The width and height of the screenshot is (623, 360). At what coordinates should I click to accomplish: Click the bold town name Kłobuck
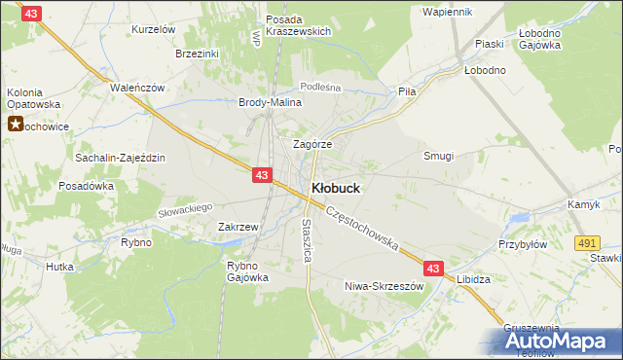coord(338,188)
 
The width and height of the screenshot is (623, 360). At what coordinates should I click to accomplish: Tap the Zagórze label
coord(313,144)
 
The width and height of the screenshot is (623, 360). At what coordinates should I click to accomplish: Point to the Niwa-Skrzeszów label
coord(385,287)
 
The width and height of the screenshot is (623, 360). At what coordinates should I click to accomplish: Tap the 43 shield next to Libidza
coord(433,268)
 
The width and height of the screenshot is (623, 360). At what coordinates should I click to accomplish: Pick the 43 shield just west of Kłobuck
coord(261,175)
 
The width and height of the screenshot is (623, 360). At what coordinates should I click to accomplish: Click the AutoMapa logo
coord(555,341)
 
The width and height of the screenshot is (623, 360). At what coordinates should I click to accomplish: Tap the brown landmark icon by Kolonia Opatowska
coord(17,125)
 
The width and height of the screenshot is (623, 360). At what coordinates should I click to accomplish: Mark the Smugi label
coord(438,156)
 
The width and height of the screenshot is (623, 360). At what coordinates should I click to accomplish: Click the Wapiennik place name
coord(448,12)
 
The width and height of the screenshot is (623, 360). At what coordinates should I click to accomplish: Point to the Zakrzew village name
coord(238,227)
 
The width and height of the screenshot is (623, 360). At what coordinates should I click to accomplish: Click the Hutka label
coord(60,265)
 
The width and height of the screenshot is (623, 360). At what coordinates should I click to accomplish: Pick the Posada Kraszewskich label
coord(292,25)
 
